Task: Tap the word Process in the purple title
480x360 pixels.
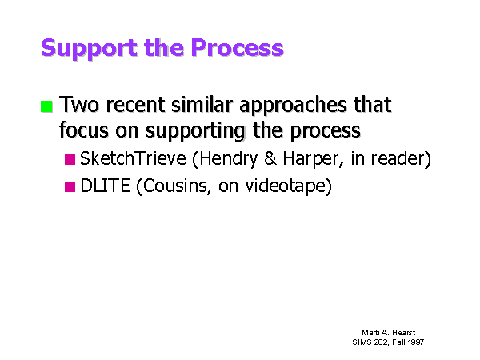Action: tap(238, 47)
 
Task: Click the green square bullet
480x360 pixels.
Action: tap(46, 106)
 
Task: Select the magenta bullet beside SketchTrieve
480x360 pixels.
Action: tap(70, 159)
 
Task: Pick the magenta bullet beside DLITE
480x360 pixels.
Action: tap(70, 186)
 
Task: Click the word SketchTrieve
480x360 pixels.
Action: tap(133, 158)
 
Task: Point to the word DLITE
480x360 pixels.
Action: tap(105, 186)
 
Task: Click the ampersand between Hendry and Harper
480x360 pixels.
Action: tap(270, 158)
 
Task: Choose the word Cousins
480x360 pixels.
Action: tap(174, 186)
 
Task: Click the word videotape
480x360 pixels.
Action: tap(288, 186)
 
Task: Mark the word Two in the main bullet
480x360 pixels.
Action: tap(79, 104)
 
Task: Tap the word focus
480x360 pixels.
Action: tap(84, 130)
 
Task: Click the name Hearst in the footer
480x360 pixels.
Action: tap(404, 333)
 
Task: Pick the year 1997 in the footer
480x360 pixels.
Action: tap(416, 342)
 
